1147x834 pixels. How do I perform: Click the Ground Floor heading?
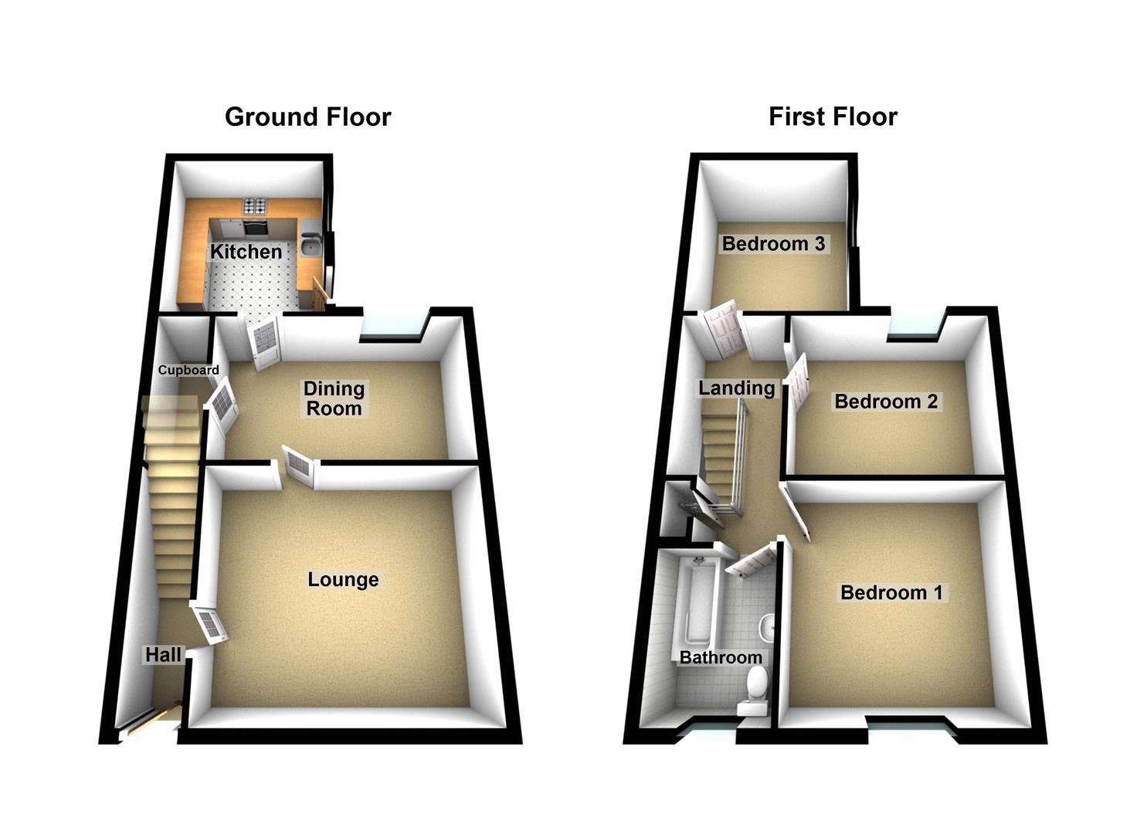(x=307, y=117)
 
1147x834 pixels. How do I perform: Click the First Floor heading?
(x=833, y=117)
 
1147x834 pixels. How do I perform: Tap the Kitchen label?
(x=246, y=252)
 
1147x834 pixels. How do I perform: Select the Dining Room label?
(x=334, y=398)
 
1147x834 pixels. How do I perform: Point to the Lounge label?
(x=343, y=579)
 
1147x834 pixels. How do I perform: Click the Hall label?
(x=163, y=655)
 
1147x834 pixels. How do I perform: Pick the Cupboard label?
(x=188, y=370)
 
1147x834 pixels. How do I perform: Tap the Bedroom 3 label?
(x=773, y=244)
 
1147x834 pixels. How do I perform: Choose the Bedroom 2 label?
(x=886, y=402)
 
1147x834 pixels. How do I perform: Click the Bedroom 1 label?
(x=891, y=593)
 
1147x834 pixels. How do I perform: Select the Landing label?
(x=736, y=388)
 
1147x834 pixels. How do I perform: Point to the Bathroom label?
(x=721, y=657)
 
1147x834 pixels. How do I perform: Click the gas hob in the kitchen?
(x=254, y=206)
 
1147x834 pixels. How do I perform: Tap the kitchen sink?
(x=311, y=244)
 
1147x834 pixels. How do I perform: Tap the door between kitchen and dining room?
(x=264, y=341)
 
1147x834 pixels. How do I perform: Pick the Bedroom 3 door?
(x=724, y=329)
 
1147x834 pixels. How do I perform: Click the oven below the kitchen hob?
(x=255, y=227)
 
